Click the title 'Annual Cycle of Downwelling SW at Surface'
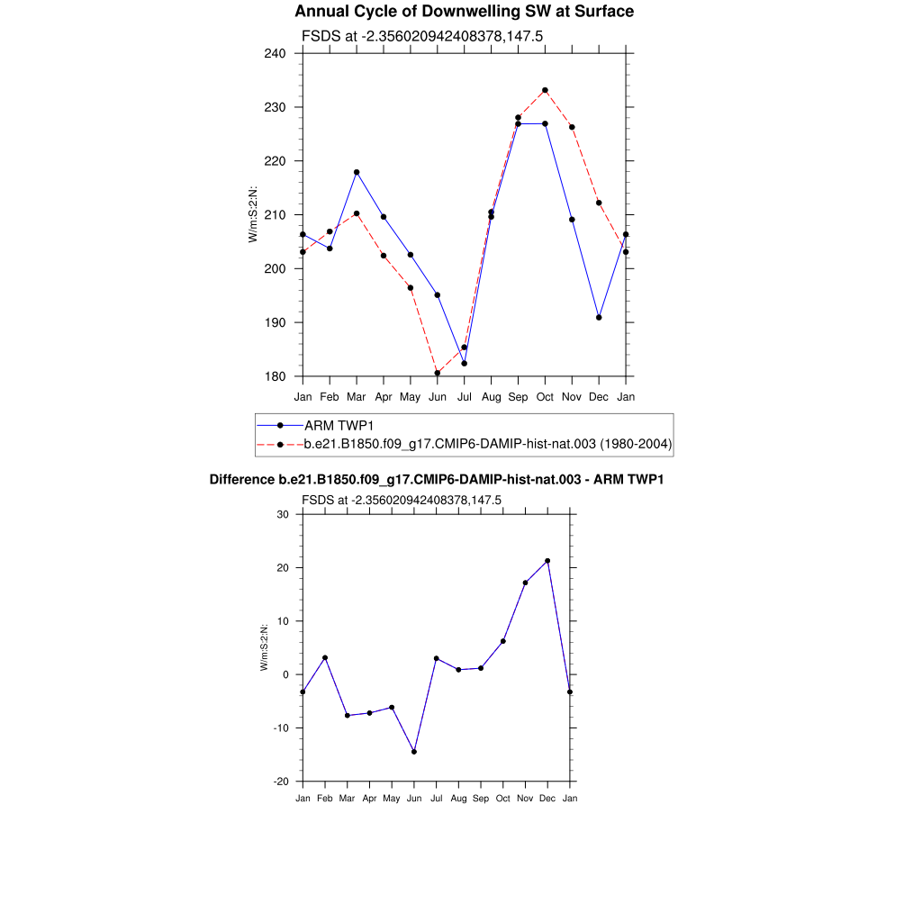(464, 12)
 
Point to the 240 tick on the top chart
(274, 53)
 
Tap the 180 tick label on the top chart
(274, 376)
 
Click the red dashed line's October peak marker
(545, 90)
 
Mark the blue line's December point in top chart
(599, 318)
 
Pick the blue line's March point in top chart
(357, 172)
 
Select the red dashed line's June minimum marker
(438, 373)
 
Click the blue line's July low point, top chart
(465, 363)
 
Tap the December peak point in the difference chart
(547, 561)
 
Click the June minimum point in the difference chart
(414, 751)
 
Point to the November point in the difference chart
(525, 583)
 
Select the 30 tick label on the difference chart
(282, 514)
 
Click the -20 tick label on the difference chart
(280, 782)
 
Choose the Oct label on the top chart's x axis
(545, 396)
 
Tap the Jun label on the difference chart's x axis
(414, 798)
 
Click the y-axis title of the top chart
(254, 214)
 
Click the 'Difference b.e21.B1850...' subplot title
(437, 480)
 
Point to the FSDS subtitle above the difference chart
(401, 500)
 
